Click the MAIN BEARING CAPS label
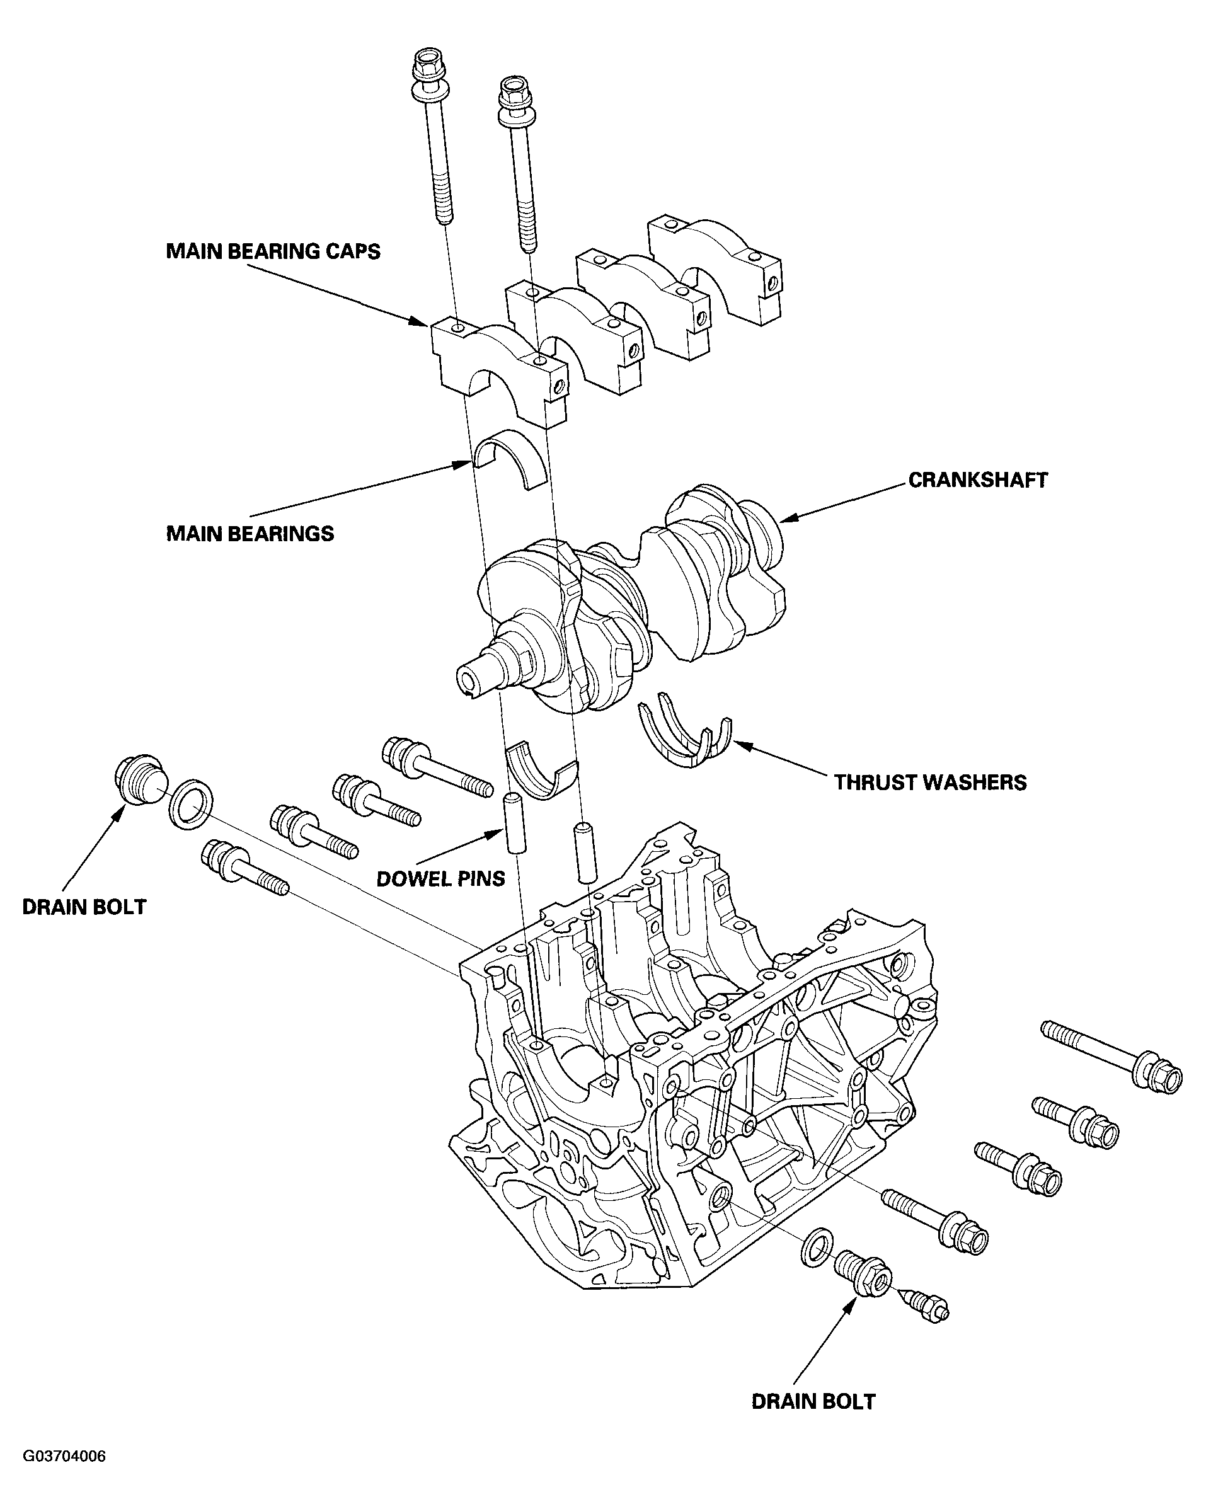273,251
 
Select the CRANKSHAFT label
978,479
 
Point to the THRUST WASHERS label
929,782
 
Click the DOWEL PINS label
440,878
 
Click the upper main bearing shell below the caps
510,459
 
